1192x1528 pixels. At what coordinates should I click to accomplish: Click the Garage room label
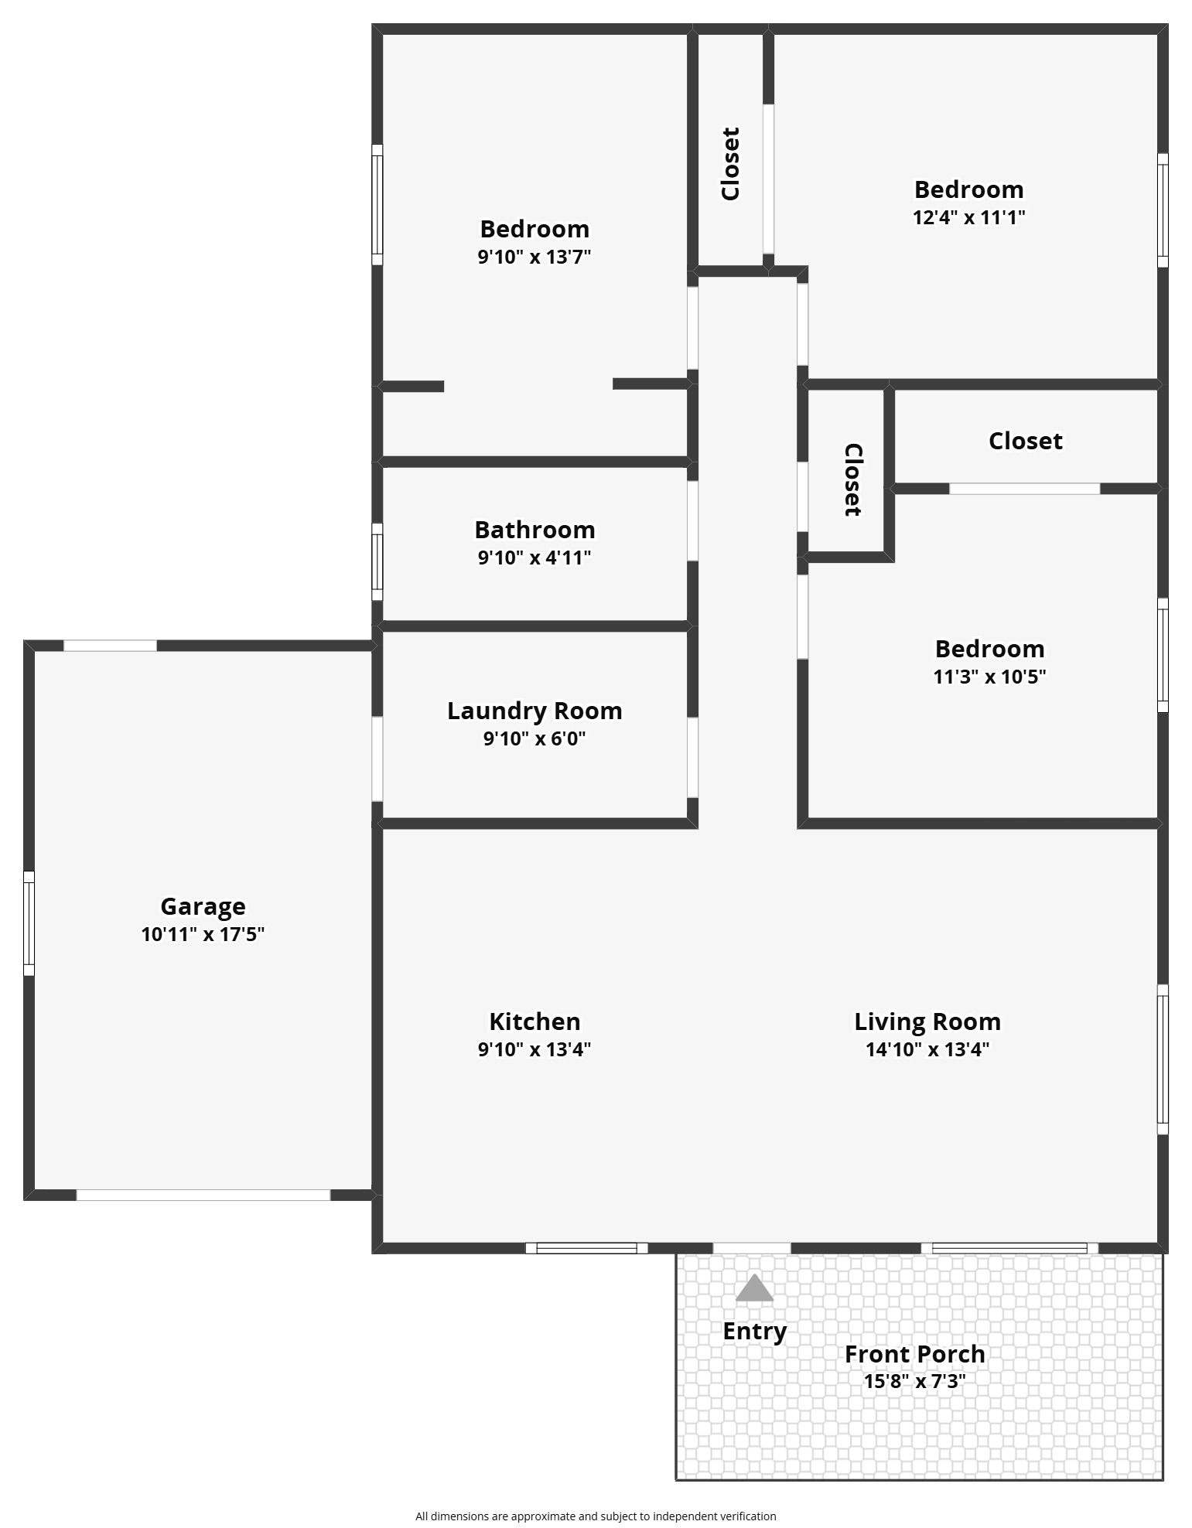coord(203,906)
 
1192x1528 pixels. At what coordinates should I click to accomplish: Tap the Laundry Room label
coord(535,711)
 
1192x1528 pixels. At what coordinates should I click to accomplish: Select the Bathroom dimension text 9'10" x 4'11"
coord(535,558)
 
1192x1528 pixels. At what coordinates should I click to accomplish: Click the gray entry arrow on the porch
coord(754,1288)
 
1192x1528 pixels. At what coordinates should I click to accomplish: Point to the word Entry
coord(754,1332)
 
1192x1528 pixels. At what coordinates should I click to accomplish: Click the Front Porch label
coord(914,1354)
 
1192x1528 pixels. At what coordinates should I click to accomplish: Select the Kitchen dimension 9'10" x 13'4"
coord(535,1049)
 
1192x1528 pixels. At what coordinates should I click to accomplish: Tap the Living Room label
coord(927,1022)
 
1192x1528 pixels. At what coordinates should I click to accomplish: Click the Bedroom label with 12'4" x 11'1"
coord(968,189)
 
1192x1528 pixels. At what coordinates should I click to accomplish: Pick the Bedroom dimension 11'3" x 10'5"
coord(989,677)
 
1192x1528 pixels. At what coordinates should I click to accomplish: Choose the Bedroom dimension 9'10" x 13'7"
coord(535,257)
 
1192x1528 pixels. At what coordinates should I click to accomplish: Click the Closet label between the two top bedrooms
coord(730,164)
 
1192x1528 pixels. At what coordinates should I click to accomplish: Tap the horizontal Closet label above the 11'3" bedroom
coord(1025,441)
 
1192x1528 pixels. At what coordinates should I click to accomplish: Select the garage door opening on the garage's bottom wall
coord(203,1195)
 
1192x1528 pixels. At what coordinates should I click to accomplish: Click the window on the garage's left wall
coord(29,923)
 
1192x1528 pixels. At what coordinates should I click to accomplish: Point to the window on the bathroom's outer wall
coord(377,561)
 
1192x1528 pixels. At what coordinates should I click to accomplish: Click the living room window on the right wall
coord(1162,1059)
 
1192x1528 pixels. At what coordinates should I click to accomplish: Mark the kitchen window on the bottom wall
coord(586,1247)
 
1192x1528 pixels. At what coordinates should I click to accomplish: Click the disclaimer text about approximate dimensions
coord(596,1516)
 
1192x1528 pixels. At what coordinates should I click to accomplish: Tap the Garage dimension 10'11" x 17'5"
coord(203,934)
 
